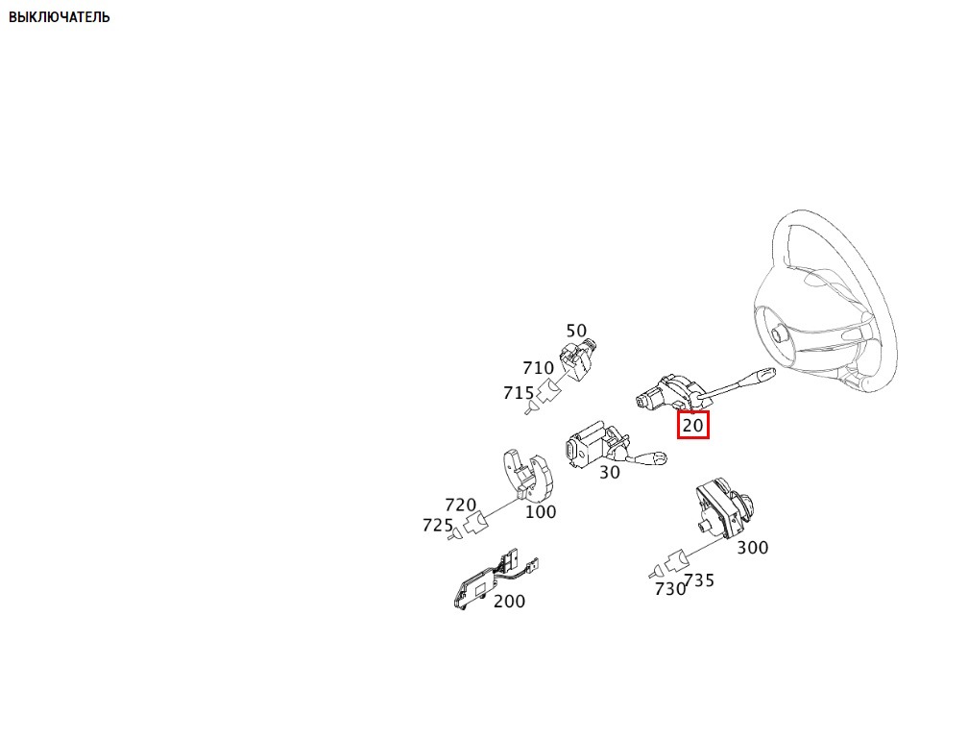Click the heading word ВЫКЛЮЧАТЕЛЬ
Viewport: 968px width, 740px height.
(60, 17)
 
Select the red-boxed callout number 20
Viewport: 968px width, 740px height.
(693, 425)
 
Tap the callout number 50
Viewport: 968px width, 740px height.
(576, 332)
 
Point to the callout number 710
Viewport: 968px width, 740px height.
(539, 368)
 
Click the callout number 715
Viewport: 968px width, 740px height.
(519, 393)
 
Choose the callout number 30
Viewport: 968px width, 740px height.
(609, 472)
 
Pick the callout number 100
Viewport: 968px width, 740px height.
(541, 512)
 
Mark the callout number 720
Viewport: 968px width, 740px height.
(461, 505)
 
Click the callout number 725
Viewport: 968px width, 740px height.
(438, 525)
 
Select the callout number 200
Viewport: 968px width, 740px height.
(509, 601)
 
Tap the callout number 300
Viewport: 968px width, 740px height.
(753, 547)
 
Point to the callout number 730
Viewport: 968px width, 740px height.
(670, 589)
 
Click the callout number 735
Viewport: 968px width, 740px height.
(699, 580)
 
